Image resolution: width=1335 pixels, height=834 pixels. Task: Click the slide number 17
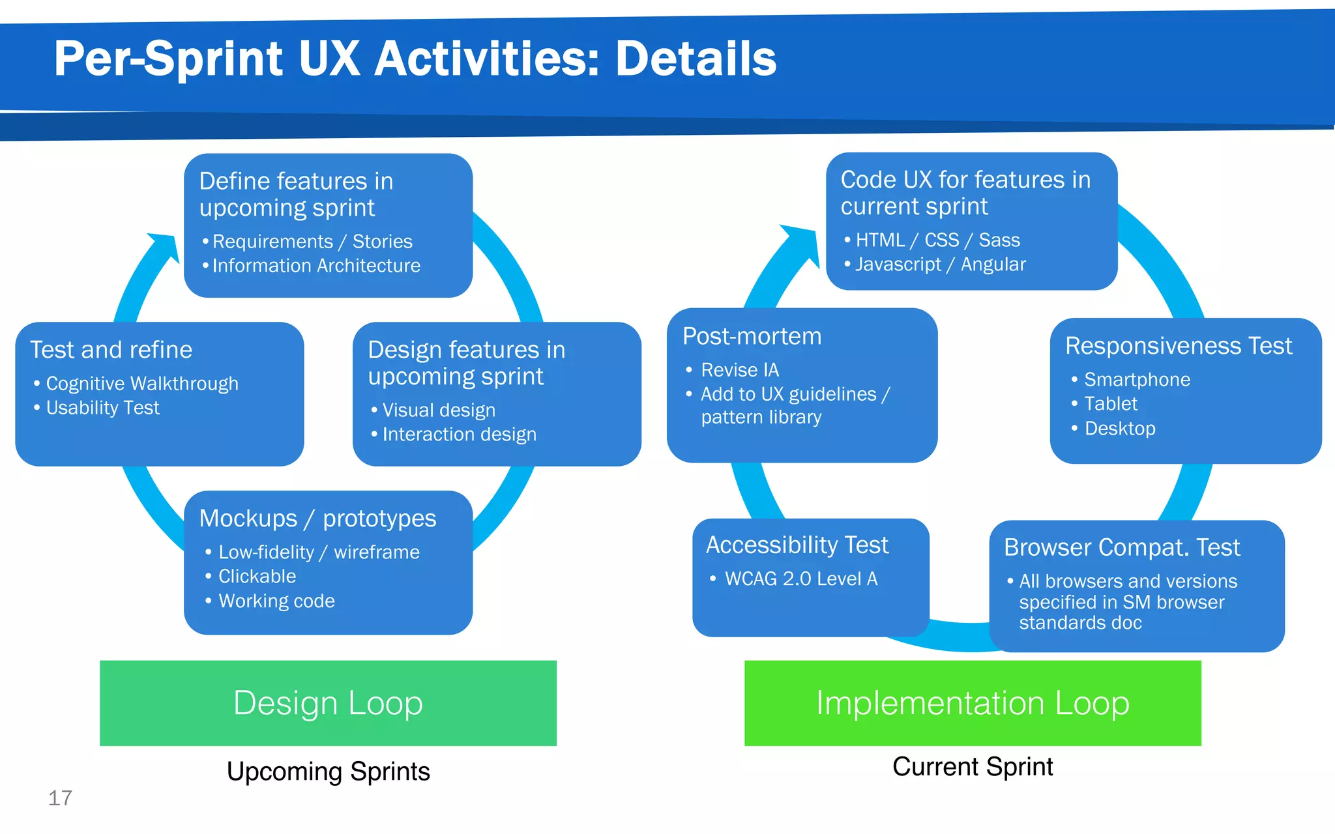pos(60,798)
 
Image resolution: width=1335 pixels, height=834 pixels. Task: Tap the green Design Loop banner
pos(328,703)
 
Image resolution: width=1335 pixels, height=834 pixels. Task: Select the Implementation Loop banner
pos(973,703)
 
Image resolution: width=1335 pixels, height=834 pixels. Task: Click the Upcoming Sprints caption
pos(328,771)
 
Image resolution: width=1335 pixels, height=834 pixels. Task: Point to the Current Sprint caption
pos(973,767)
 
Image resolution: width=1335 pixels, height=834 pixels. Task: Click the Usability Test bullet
pos(102,408)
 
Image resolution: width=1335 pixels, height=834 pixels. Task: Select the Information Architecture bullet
pos(316,266)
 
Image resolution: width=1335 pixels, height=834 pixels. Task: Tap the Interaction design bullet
pos(459,435)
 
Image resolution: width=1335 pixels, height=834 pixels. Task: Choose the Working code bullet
pos(276,601)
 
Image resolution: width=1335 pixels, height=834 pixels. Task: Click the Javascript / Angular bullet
pos(940,265)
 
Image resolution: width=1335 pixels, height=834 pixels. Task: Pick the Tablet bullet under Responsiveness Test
pos(1110,404)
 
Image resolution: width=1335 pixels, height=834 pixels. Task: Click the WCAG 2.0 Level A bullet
pos(801,579)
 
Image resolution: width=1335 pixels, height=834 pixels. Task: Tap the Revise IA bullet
pos(740,370)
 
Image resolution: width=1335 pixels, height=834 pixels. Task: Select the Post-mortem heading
pos(752,336)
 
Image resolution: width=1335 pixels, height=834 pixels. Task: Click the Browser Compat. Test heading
pos(1121,547)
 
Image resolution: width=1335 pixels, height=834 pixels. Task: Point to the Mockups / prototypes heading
pos(317,519)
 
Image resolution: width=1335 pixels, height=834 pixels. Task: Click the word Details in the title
pos(696,59)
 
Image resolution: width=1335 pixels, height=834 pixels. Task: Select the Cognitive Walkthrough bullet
pos(142,384)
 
